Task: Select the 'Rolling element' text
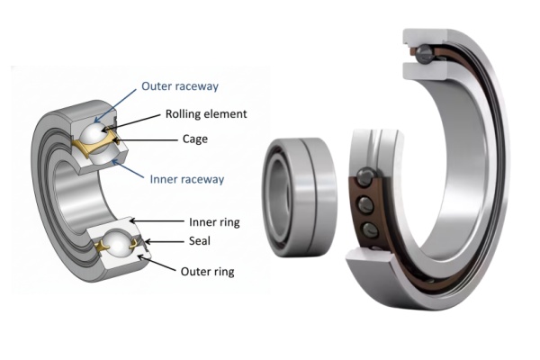(x=206, y=114)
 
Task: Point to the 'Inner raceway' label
(x=186, y=179)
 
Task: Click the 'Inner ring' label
(x=213, y=220)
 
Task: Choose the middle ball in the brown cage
(x=367, y=202)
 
